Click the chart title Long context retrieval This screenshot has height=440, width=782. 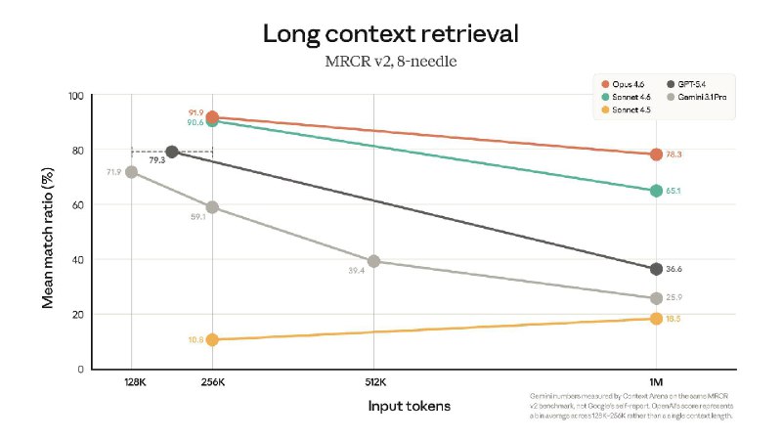[x=390, y=34]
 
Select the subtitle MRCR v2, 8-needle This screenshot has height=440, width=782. [x=390, y=61]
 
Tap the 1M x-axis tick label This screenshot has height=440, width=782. [x=656, y=382]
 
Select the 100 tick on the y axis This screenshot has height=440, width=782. [x=74, y=96]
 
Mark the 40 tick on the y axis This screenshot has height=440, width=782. [x=77, y=260]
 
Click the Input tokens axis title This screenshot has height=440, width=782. [x=410, y=405]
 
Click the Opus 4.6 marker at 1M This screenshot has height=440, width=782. [x=656, y=154]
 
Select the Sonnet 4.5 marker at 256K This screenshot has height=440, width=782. [x=212, y=339]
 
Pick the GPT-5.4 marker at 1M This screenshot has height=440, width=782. [x=656, y=269]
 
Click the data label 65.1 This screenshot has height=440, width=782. [x=674, y=191]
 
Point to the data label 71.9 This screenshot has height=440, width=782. [x=112, y=172]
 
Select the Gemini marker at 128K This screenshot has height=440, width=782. [x=131, y=172]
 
